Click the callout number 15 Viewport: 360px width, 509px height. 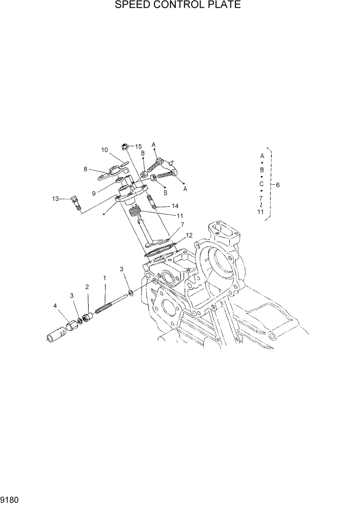(x=138, y=147)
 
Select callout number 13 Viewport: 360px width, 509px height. (x=56, y=198)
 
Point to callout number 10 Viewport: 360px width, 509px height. (x=104, y=150)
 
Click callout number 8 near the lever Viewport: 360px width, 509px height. (x=86, y=168)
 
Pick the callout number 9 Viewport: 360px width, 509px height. (x=94, y=193)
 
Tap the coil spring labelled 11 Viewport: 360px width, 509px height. (x=134, y=210)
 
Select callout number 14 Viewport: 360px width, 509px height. (x=175, y=206)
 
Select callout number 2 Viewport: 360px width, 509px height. (x=87, y=286)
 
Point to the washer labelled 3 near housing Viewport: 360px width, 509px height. (x=132, y=292)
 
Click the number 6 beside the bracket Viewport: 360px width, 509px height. (x=277, y=185)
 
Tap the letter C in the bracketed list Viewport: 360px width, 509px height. (x=262, y=183)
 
